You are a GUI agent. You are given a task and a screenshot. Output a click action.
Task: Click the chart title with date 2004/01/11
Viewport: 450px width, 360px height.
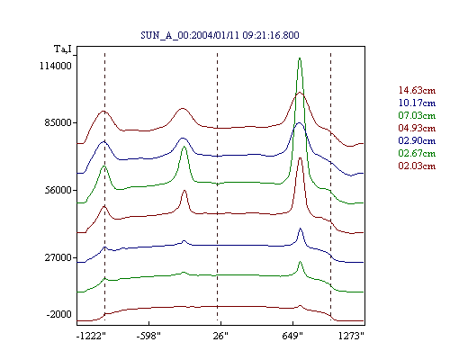(220, 35)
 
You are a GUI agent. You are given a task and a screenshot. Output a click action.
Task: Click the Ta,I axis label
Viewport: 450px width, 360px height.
(63, 49)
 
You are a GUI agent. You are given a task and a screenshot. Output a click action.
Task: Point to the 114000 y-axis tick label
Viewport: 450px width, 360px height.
(56, 66)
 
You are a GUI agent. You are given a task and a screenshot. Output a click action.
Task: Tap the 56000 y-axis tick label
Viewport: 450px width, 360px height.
(58, 190)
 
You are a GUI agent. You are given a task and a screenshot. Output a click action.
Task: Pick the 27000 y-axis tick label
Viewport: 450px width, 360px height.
(58, 257)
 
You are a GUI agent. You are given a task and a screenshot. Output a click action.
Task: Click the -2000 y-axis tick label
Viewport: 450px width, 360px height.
(59, 315)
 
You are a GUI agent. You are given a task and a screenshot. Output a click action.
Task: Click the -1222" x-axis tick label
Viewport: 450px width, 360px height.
(91, 336)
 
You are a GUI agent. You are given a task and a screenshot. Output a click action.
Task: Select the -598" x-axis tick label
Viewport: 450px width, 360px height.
(148, 336)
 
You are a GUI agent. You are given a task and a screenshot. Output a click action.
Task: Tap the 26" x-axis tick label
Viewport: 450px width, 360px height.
(220, 336)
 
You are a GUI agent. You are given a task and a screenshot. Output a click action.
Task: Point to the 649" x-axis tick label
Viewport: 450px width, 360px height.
(292, 336)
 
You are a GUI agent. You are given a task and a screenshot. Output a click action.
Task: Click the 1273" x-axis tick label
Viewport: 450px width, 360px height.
(351, 336)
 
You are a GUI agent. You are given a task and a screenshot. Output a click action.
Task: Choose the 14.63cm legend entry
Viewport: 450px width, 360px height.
(417, 90)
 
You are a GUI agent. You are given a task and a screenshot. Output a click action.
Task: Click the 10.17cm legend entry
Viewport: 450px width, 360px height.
(417, 103)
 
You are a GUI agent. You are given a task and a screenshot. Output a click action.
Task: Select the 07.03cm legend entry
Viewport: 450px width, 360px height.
(417, 115)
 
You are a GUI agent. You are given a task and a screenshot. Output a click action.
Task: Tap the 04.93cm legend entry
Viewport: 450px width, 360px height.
(417, 128)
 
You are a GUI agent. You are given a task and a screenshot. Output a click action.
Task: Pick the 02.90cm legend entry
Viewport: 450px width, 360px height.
(417, 140)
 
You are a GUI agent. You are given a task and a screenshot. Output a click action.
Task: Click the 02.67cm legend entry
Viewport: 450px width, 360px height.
(417, 153)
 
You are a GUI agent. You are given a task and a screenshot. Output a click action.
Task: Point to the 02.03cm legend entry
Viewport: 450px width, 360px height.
(417, 166)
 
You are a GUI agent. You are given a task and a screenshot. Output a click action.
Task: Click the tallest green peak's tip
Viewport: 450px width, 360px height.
(300, 58)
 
